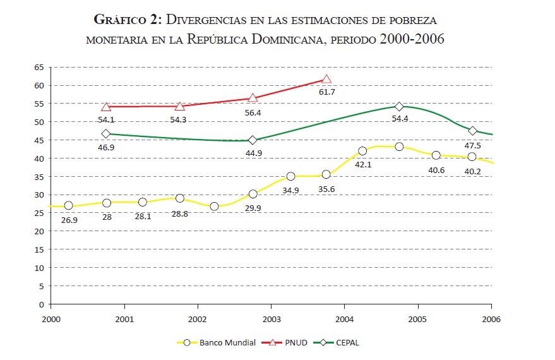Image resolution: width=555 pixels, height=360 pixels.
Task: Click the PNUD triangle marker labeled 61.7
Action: click(x=326, y=79)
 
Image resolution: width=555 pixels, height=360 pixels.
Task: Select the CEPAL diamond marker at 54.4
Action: click(x=399, y=106)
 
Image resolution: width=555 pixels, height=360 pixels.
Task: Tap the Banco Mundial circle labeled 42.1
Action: click(x=362, y=151)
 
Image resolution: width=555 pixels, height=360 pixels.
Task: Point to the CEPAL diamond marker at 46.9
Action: click(x=106, y=133)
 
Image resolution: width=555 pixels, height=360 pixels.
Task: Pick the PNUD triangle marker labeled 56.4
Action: click(x=253, y=98)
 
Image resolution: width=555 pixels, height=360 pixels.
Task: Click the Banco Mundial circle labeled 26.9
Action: click(x=68, y=206)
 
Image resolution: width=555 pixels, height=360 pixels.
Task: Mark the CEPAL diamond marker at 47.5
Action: click(x=472, y=131)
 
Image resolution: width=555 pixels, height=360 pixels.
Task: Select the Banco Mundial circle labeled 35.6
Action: click(x=326, y=174)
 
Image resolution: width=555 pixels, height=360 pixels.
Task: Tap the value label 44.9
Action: click(x=253, y=153)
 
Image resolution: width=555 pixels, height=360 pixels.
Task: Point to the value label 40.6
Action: click(x=436, y=169)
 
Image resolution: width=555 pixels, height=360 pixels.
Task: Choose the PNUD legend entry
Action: click(x=291, y=343)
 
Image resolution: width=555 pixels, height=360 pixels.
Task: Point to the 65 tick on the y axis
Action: click(x=39, y=67)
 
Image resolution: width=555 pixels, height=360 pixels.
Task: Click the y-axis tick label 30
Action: click(x=39, y=195)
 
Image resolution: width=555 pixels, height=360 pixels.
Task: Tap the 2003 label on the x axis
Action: click(x=272, y=319)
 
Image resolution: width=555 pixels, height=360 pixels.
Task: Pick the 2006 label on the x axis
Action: click(x=491, y=319)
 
